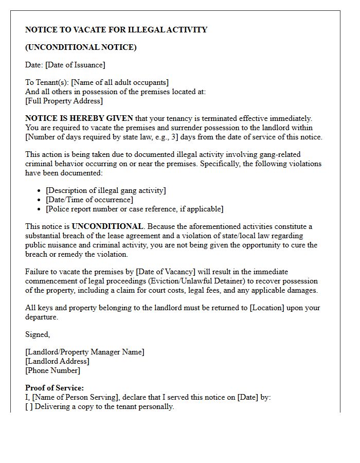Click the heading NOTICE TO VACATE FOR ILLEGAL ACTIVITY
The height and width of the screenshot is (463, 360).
click(116, 30)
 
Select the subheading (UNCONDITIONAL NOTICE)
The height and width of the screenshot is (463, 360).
click(81, 47)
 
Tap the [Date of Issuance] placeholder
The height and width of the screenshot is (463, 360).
click(76, 65)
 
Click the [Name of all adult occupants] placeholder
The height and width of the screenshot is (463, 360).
click(120, 82)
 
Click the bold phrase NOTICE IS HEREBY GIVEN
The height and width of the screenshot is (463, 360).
click(79, 118)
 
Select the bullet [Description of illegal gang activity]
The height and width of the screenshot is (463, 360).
click(106, 190)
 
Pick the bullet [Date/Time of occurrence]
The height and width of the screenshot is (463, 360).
click(89, 200)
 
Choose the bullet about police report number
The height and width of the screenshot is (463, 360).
click(135, 209)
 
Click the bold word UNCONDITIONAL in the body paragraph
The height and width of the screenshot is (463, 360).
click(107, 226)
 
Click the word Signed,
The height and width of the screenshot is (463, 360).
click(38, 334)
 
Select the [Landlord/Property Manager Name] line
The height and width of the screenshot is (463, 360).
click(85, 352)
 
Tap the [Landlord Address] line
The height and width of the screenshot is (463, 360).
click(57, 361)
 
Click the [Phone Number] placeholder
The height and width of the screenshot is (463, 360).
click(52, 370)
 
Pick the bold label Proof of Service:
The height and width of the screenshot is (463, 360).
click(55, 388)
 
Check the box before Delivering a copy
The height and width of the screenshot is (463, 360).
click(29, 406)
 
